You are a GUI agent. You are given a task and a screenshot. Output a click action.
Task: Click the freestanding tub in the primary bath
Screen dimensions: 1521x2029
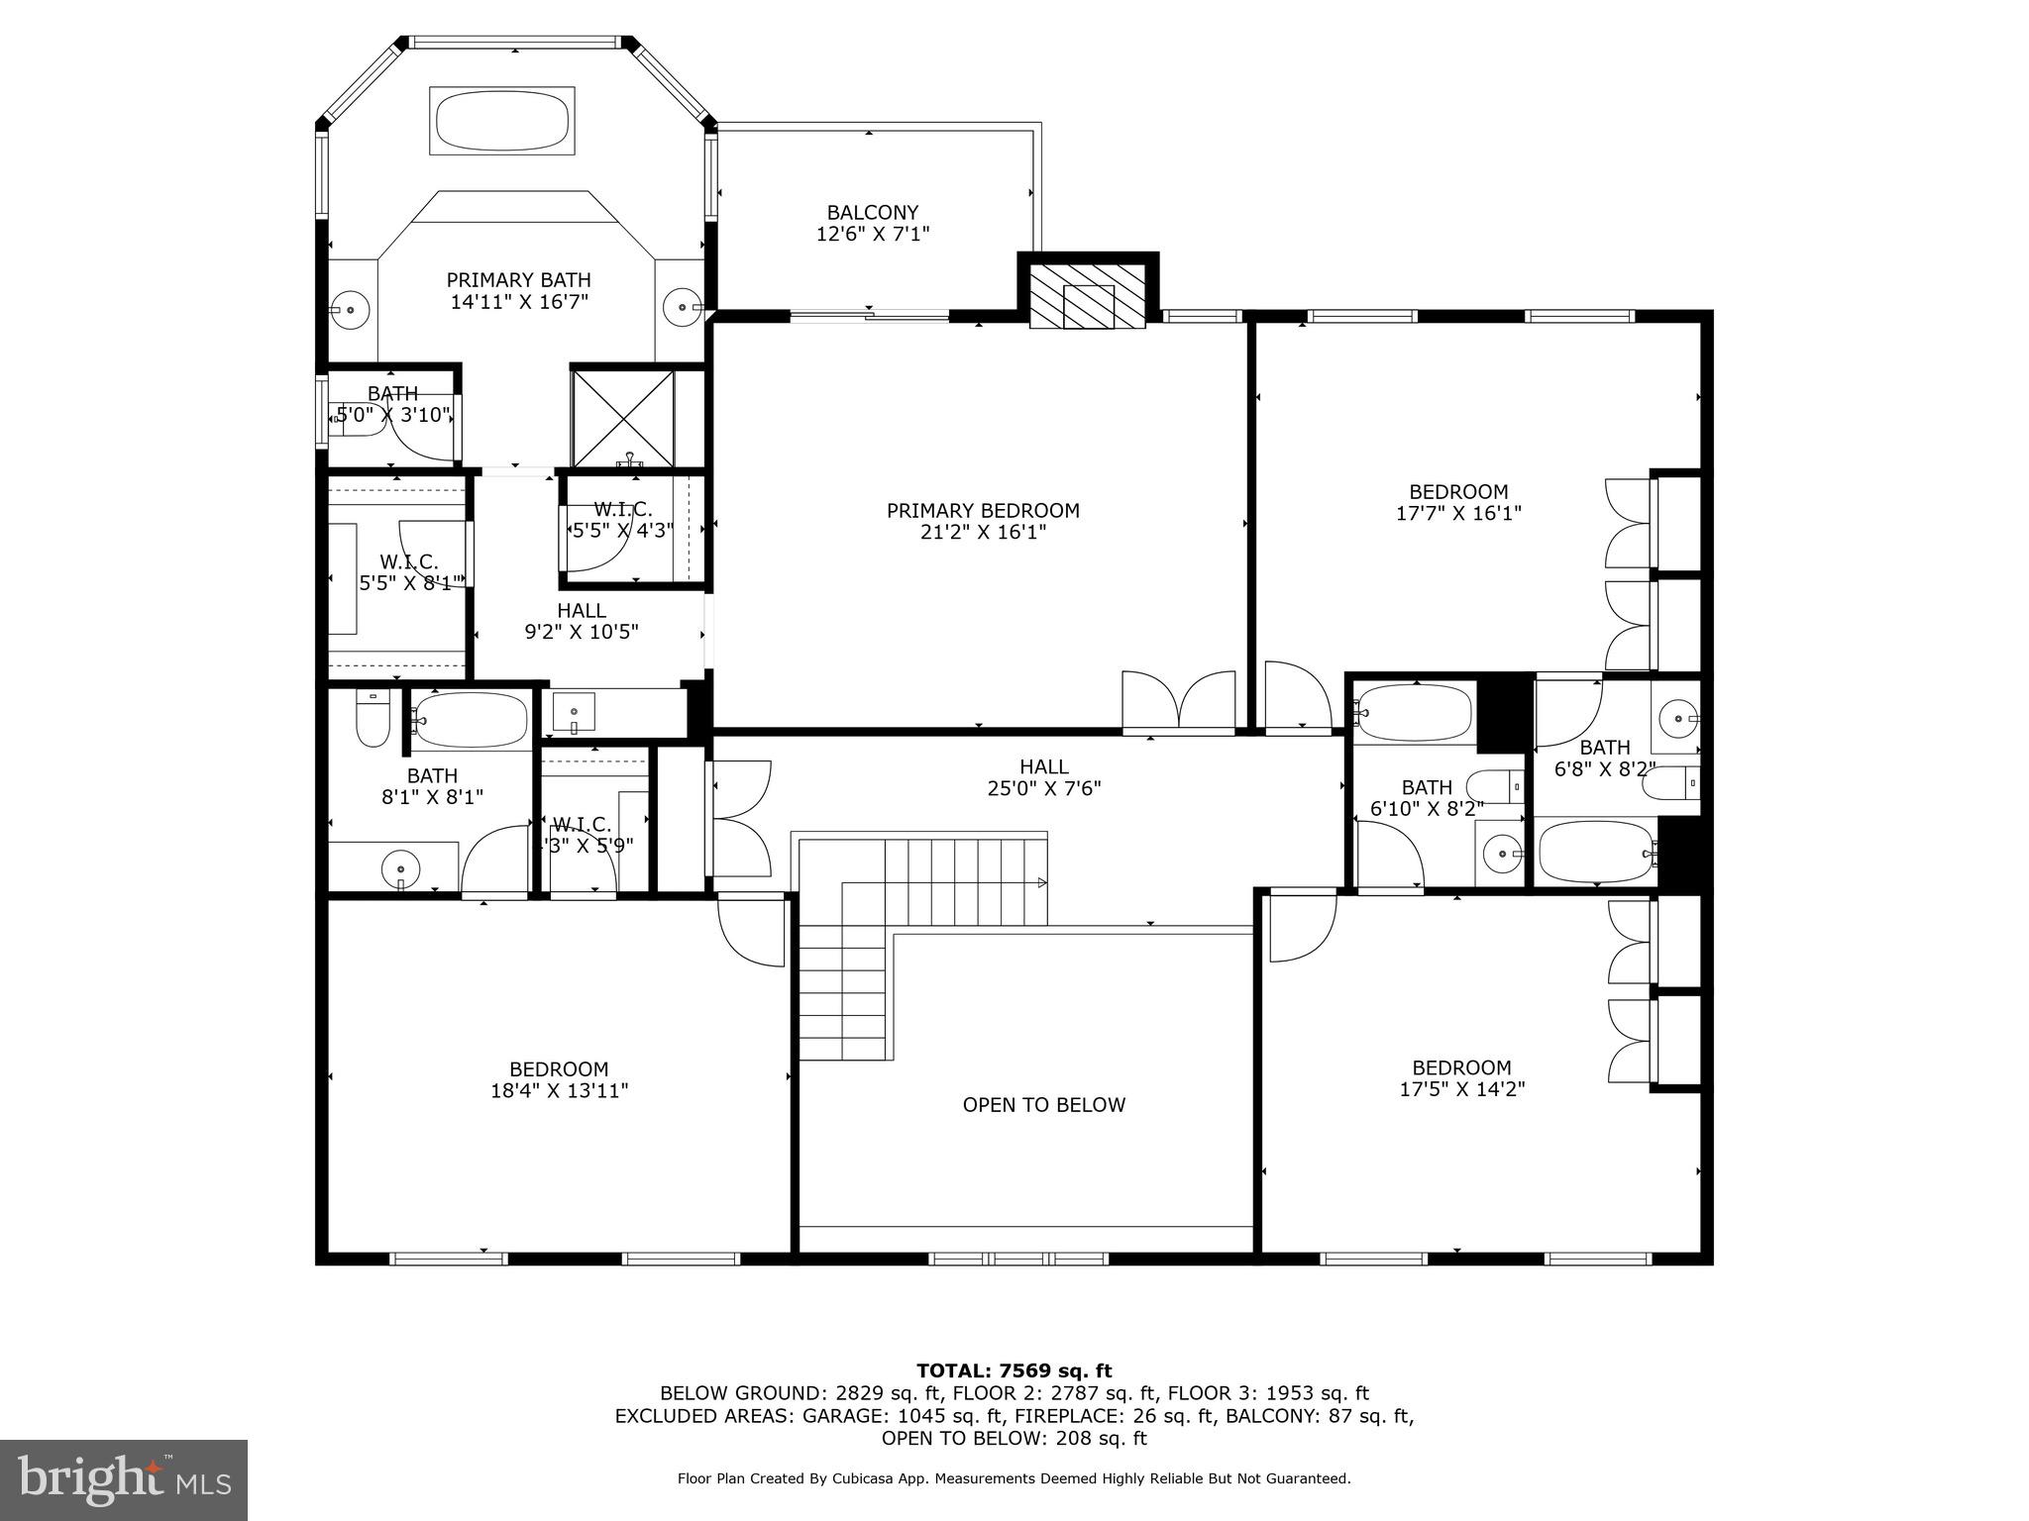point(501,121)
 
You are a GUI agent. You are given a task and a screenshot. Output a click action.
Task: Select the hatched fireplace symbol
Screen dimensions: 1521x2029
point(1088,295)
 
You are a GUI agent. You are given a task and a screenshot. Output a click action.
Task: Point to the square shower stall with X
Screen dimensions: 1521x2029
point(622,417)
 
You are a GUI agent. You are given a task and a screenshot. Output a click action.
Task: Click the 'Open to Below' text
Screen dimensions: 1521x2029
point(1043,1105)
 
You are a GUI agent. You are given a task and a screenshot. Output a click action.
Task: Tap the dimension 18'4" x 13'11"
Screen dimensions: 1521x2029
point(559,1091)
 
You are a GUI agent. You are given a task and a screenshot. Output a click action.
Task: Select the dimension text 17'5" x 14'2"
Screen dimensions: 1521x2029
point(1461,1089)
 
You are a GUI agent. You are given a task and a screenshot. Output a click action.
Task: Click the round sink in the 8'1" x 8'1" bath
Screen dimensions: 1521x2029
point(401,870)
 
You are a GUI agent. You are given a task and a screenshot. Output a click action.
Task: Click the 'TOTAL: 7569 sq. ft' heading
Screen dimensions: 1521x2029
point(1014,1370)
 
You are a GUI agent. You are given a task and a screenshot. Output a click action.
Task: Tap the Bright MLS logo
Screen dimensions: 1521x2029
point(124,1479)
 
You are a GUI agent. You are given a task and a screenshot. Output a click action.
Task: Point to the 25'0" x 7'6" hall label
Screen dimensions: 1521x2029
point(1043,777)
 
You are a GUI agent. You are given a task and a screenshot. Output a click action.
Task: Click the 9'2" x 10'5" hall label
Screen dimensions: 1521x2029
point(581,621)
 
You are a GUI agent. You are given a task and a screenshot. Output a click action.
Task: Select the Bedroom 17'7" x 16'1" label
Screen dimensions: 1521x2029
point(1458,502)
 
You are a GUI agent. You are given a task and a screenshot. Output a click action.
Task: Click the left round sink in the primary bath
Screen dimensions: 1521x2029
point(350,309)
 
